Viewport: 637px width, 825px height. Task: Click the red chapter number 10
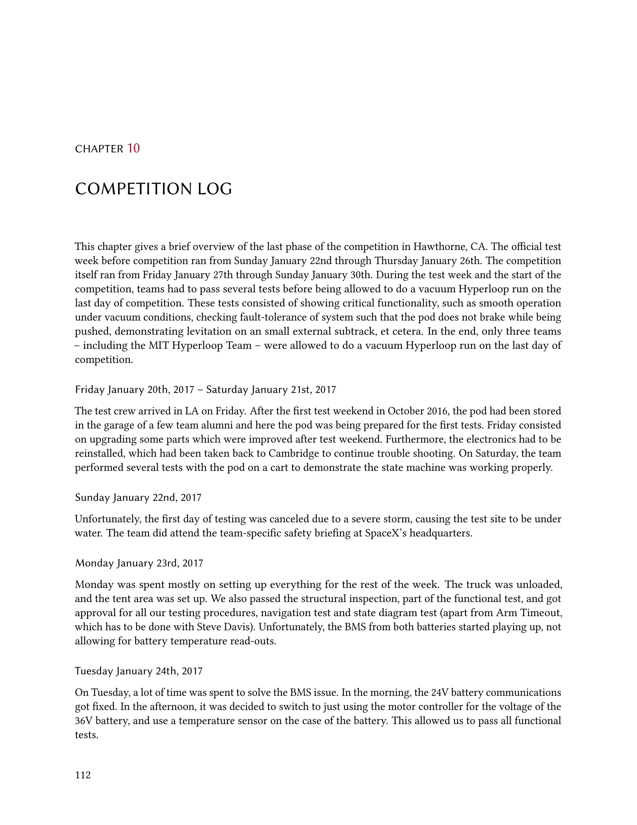(x=133, y=148)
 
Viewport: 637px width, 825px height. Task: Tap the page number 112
(x=83, y=775)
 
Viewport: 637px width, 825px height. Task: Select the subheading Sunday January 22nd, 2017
(x=138, y=497)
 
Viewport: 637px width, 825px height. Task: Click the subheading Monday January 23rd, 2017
(x=139, y=563)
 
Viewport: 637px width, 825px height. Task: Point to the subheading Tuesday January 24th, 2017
(x=138, y=671)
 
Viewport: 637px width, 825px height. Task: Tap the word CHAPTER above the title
(x=99, y=149)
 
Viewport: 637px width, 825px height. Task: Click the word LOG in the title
(x=215, y=189)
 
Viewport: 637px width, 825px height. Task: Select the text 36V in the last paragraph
(x=83, y=721)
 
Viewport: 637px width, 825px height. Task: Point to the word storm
(x=398, y=519)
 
